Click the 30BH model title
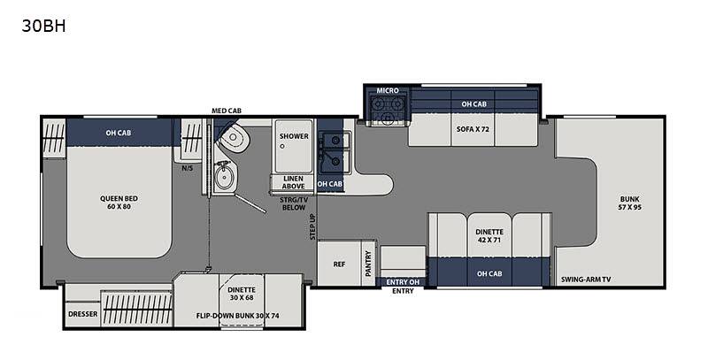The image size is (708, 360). [x=43, y=27]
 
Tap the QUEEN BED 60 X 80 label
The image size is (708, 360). [x=119, y=203]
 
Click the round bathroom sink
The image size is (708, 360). [x=225, y=177]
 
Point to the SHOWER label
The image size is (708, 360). [x=294, y=136]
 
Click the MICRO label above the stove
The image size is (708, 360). [x=388, y=91]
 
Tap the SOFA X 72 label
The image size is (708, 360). [x=473, y=129]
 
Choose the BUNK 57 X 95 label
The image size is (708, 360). [x=629, y=203]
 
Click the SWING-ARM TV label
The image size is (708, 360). [x=586, y=280]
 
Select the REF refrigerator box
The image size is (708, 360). [x=340, y=264]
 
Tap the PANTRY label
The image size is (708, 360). [x=368, y=264]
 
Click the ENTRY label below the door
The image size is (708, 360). [x=403, y=291]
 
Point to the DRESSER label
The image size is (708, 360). [x=82, y=313]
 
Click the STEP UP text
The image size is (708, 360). [x=313, y=226]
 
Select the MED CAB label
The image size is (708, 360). [x=227, y=111]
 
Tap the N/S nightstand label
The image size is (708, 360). [x=188, y=168]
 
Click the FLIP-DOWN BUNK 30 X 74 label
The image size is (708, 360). [x=237, y=316]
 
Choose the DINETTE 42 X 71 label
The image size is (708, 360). [x=489, y=236]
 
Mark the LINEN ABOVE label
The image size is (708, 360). [x=294, y=182]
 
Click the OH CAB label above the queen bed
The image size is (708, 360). [x=119, y=133]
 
